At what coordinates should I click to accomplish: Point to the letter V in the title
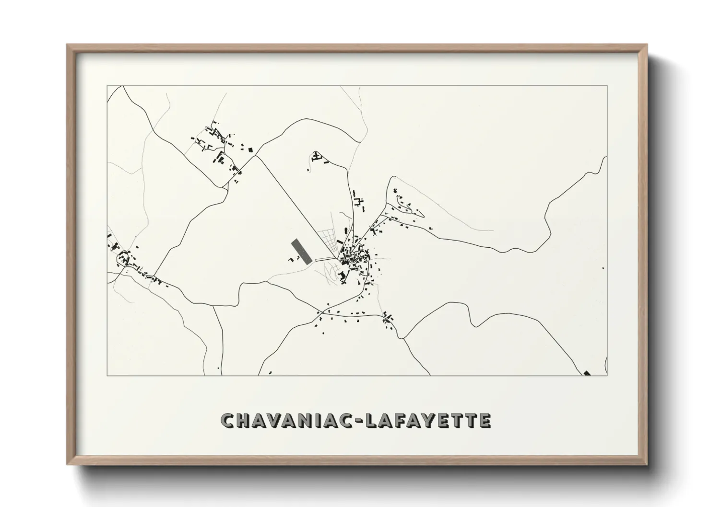[x=277, y=420]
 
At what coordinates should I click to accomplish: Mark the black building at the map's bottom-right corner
[x=587, y=373]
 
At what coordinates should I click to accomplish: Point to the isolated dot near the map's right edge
[x=603, y=268]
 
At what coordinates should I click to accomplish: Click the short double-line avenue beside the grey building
[x=326, y=260]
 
